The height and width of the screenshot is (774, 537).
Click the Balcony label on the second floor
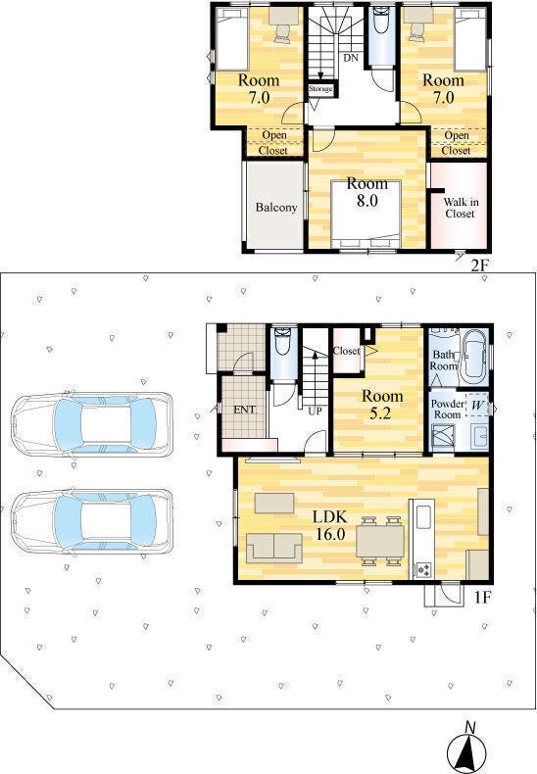[276, 208]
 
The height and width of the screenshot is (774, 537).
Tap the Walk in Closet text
[461, 208]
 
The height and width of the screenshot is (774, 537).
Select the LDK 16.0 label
[330, 525]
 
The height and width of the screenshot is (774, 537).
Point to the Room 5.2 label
[382, 404]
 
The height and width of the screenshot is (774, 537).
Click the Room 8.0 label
[366, 192]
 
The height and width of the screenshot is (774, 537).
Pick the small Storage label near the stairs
[320, 89]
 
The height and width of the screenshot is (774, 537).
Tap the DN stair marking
[351, 58]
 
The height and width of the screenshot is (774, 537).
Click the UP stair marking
[315, 411]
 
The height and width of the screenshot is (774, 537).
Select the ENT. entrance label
[245, 410]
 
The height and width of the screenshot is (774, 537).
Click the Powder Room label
[447, 410]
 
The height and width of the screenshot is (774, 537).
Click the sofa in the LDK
[274, 548]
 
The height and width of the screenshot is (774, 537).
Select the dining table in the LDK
[380, 541]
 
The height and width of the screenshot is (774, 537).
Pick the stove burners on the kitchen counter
[423, 570]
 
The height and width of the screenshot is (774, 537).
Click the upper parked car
[92, 424]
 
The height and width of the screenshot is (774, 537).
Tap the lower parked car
[92, 521]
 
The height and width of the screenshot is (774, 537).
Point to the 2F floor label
[479, 266]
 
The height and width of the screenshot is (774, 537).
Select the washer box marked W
[477, 406]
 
